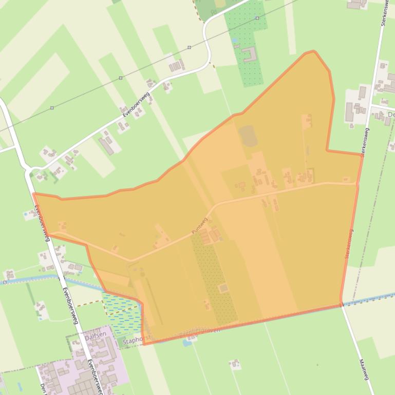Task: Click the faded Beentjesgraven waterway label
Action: [200, 331]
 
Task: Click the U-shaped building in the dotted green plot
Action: [250, 54]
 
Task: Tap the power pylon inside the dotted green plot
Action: [257, 18]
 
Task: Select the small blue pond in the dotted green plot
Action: [235, 40]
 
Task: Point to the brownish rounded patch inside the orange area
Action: [248, 135]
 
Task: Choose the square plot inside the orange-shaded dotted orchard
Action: [223, 288]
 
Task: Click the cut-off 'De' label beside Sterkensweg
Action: [390, 114]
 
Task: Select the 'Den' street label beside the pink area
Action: [42, 386]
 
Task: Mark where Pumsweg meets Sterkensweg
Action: [356, 183]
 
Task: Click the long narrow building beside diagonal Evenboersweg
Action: [106, 146]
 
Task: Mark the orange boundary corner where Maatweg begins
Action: [341, 305]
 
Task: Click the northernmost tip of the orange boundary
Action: [312, 51]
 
